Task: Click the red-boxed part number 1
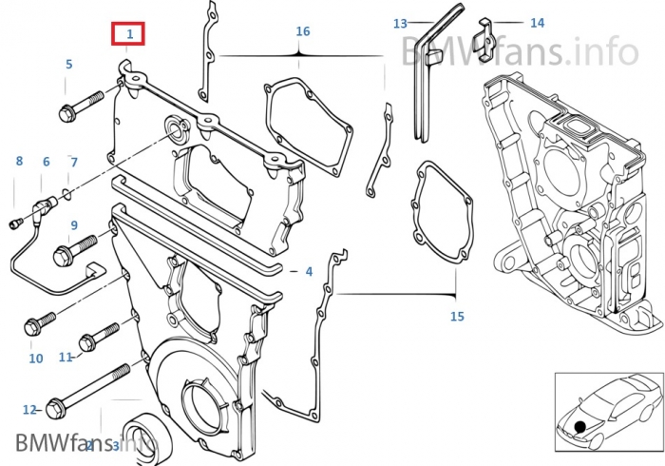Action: pyautogui.click(x=130, y=35)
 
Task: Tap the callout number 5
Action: pyautogui.click(x=68, y=65)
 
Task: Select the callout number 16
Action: pyautogui.click(x=303, y=31)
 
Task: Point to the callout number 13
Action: pyautogui.click(x=400, y=23)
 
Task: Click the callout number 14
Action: pyautogui.click(x=538, y=22)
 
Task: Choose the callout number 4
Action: pyautogui.click(x=309, y=272)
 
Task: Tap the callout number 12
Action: pyautogui.click(x=29, y=410)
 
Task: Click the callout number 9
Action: pyautogui.click(x=73, y=224)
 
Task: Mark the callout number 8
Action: pyautogui.click(x=18, y=162)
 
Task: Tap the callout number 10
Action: pyautogui.click(x=35, y=359)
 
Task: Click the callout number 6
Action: pyautogui.click(x=46, y=162)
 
